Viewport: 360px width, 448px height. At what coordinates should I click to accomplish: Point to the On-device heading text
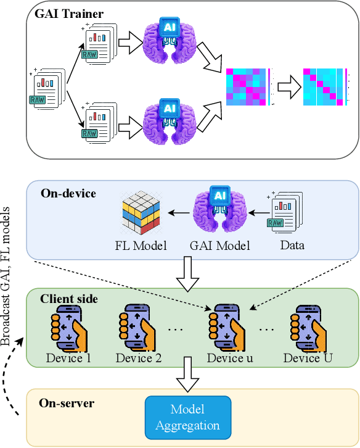(x=69, y=193)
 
